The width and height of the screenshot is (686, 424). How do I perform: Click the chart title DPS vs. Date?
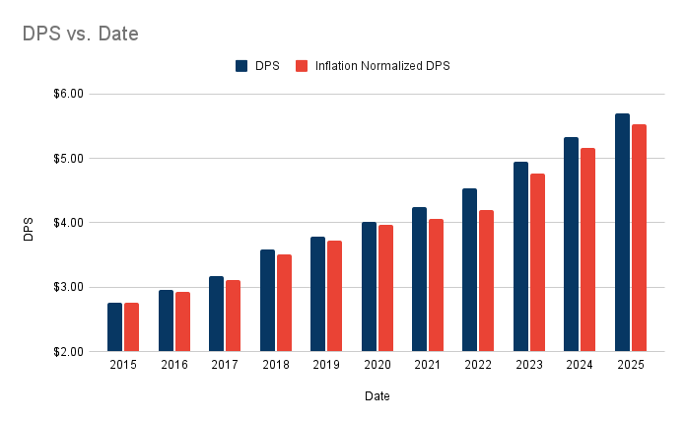tap(81, 34)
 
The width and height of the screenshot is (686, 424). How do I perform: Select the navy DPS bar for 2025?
tap(622, 233)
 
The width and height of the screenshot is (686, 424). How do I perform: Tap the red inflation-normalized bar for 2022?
tap(486, 281)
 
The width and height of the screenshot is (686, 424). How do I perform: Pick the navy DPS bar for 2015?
tap(115, 326)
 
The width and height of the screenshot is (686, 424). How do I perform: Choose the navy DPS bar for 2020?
tap(369, 286)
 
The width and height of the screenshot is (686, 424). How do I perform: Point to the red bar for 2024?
tap(587, 249)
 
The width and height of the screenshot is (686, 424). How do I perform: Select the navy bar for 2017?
tap(217, 314)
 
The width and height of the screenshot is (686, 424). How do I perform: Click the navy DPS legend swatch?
tap(241, 66)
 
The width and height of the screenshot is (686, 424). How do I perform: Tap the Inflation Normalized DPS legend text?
tap(383, 66)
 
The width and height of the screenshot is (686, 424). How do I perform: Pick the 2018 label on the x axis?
tap(276, 365)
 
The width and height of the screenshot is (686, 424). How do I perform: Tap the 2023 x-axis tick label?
tap(528, 365)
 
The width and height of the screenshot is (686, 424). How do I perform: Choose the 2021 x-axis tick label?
tap(428, 365)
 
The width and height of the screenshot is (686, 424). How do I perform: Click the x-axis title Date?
tap(377, 396)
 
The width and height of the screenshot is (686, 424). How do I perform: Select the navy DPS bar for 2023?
tap(520, 256)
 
